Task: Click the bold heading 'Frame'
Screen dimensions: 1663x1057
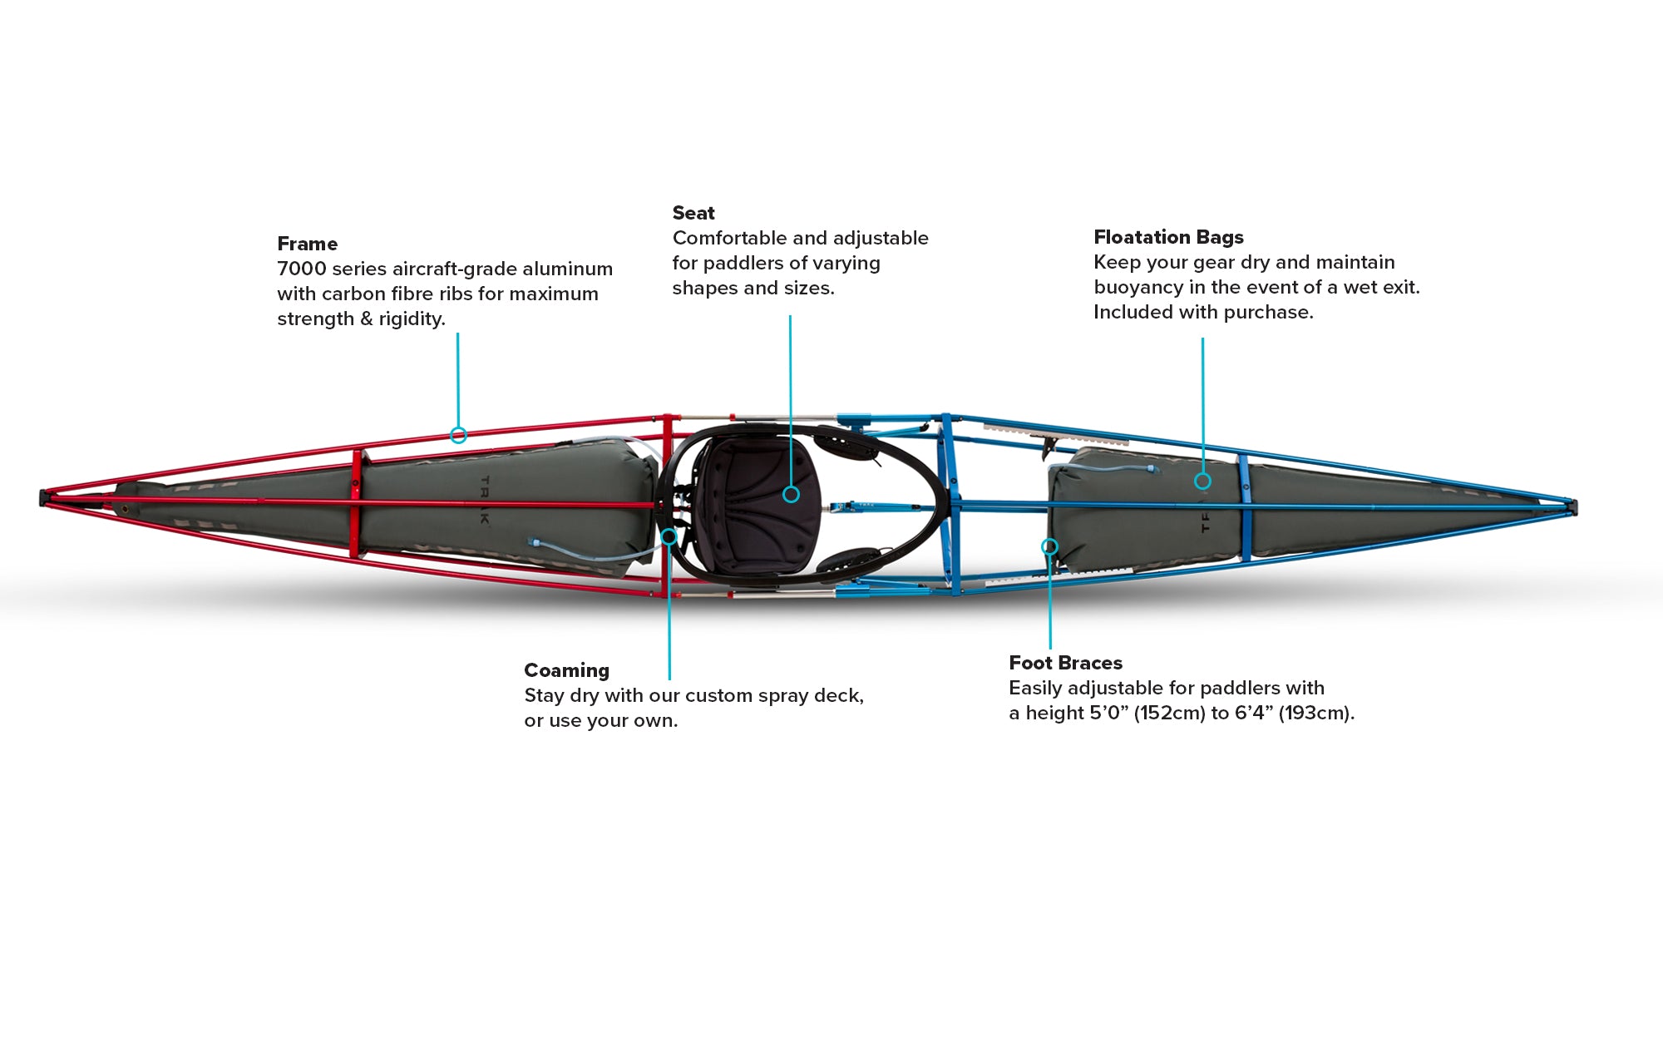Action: tap(307, 244)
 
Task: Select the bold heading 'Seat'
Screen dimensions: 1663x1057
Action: tap(693, 213)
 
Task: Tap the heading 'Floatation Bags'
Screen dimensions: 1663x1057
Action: tap(1168, 237)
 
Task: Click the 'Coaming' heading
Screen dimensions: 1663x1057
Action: tap(566, 670)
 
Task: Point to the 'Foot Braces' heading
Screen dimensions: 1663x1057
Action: tap(1065, 663)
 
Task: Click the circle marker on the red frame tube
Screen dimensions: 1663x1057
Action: tap(458, 435)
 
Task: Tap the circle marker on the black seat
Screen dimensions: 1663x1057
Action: tap(791, 495)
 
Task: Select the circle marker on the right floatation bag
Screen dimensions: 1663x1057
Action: tap(1202, 481)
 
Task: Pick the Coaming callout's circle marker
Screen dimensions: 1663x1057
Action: tap(669, 536)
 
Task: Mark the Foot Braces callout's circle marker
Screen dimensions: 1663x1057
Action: tap(1049, 546)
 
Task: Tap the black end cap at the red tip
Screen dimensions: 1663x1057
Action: tap(43, 498)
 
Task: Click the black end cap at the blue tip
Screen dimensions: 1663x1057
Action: tap(1573, 506)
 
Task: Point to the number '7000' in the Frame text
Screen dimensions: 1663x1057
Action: tap(302, 269)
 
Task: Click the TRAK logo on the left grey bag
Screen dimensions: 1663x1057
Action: tap(486, 500)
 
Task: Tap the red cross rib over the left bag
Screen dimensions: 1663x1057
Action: tap(356, 504)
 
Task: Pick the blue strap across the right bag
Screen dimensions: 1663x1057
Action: tap(1244, 506)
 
